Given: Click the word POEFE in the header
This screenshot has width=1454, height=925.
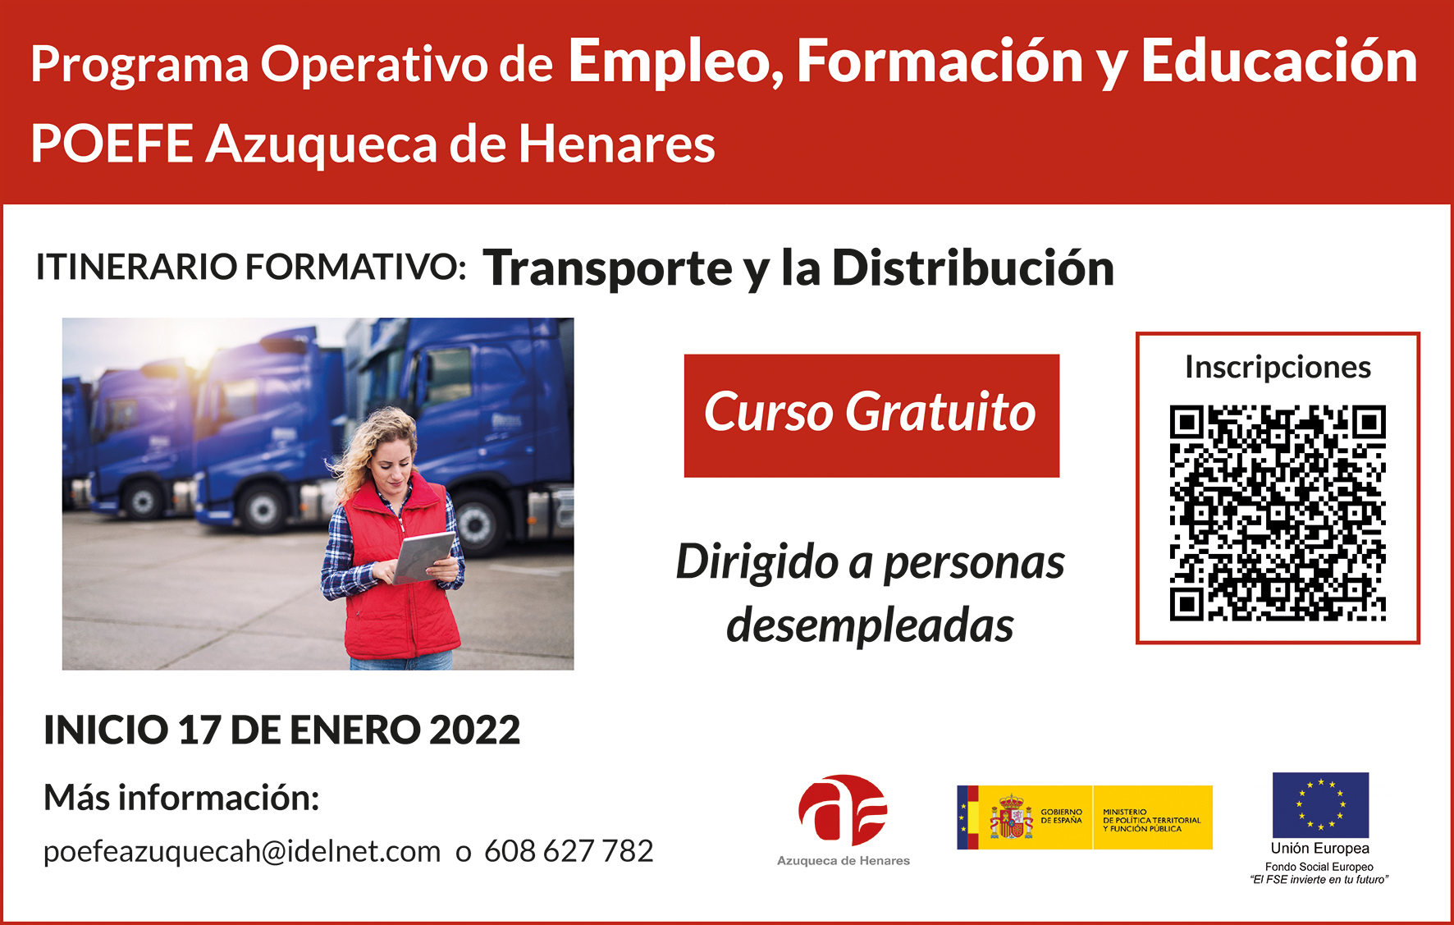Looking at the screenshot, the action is [112, 144].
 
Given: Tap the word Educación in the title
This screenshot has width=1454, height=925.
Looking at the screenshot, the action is [1279, 62].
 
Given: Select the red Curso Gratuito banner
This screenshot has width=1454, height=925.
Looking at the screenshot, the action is [871, 415].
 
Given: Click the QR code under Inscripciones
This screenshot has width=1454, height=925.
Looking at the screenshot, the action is [1278, 513].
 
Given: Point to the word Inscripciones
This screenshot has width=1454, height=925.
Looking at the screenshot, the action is [1278, 368].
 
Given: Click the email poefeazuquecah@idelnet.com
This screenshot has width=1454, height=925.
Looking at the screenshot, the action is [242, 852].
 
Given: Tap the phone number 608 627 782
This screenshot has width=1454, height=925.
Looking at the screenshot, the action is [569, 851].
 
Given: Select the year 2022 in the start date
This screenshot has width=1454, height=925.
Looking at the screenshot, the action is [474, 730].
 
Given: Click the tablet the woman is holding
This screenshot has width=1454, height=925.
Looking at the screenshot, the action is [423, 557].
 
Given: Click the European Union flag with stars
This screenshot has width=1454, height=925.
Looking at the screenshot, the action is [1320, 804].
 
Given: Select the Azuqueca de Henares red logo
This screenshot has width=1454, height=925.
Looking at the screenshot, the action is [843, 809].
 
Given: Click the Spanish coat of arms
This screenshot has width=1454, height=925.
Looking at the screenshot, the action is [1010, 817].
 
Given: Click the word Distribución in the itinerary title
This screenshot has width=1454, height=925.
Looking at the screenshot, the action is [973, 268].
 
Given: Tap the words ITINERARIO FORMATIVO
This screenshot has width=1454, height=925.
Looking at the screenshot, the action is [250, 268].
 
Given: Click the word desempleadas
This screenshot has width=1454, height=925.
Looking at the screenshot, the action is [870, 625].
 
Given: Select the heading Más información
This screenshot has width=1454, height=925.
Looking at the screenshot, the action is [181, 798].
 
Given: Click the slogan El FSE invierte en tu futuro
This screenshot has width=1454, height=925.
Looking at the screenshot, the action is [1319, 880].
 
